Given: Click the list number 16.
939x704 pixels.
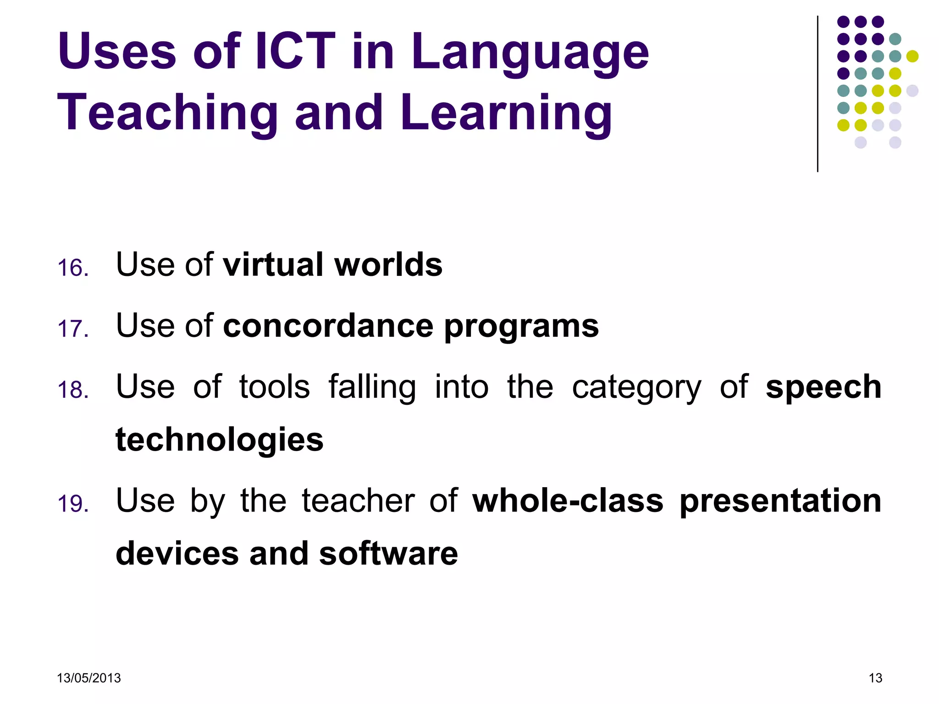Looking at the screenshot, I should tap(73, 268).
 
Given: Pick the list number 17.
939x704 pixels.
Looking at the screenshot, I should tap(73, 329).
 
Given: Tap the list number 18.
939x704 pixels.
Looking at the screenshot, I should tap(73, 390).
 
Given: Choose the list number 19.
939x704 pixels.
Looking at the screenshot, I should tap(73, 503).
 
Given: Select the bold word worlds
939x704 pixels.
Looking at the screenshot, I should tap(388, 264).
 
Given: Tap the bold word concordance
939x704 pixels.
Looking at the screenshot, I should tap(328, 326).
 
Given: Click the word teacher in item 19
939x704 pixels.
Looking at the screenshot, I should tap(358, 500).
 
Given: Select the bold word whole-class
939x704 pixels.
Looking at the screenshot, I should tap(568, 500).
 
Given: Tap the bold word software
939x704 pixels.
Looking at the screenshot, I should tap(388, 553).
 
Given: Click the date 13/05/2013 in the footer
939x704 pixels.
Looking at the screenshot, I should tap(88, 678).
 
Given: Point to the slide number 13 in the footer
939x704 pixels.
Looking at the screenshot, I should tap(875, 678).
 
